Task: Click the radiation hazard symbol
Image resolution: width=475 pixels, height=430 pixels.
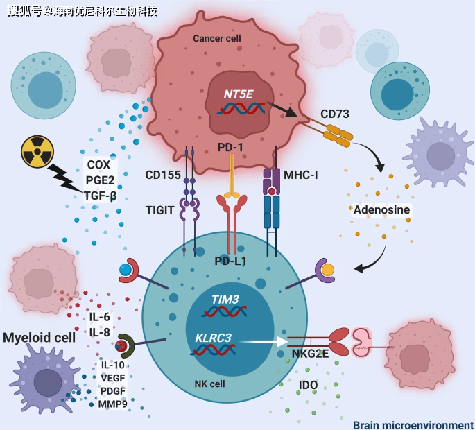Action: [x=37, y=151]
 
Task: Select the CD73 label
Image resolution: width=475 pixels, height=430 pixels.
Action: [x=335, y=112]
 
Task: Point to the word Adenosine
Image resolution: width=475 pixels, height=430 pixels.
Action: [x=381, y=209]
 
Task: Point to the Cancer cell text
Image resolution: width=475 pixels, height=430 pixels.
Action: [x=217, y=39]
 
